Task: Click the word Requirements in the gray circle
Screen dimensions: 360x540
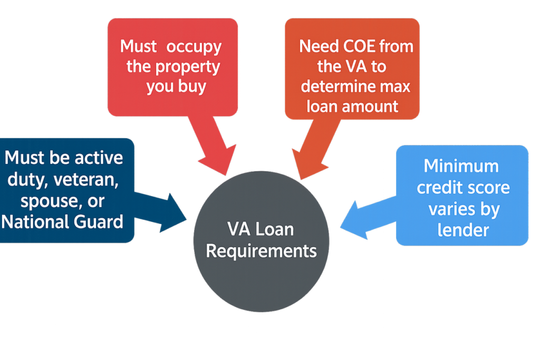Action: tap(261, 250)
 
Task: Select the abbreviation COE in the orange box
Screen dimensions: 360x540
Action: tap(353, 46)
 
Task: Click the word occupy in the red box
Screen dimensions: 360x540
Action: tap(194, 46)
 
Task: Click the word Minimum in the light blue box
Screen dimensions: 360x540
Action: tap(461, 166)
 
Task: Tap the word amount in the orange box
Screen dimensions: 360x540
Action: tap(370, 106)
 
